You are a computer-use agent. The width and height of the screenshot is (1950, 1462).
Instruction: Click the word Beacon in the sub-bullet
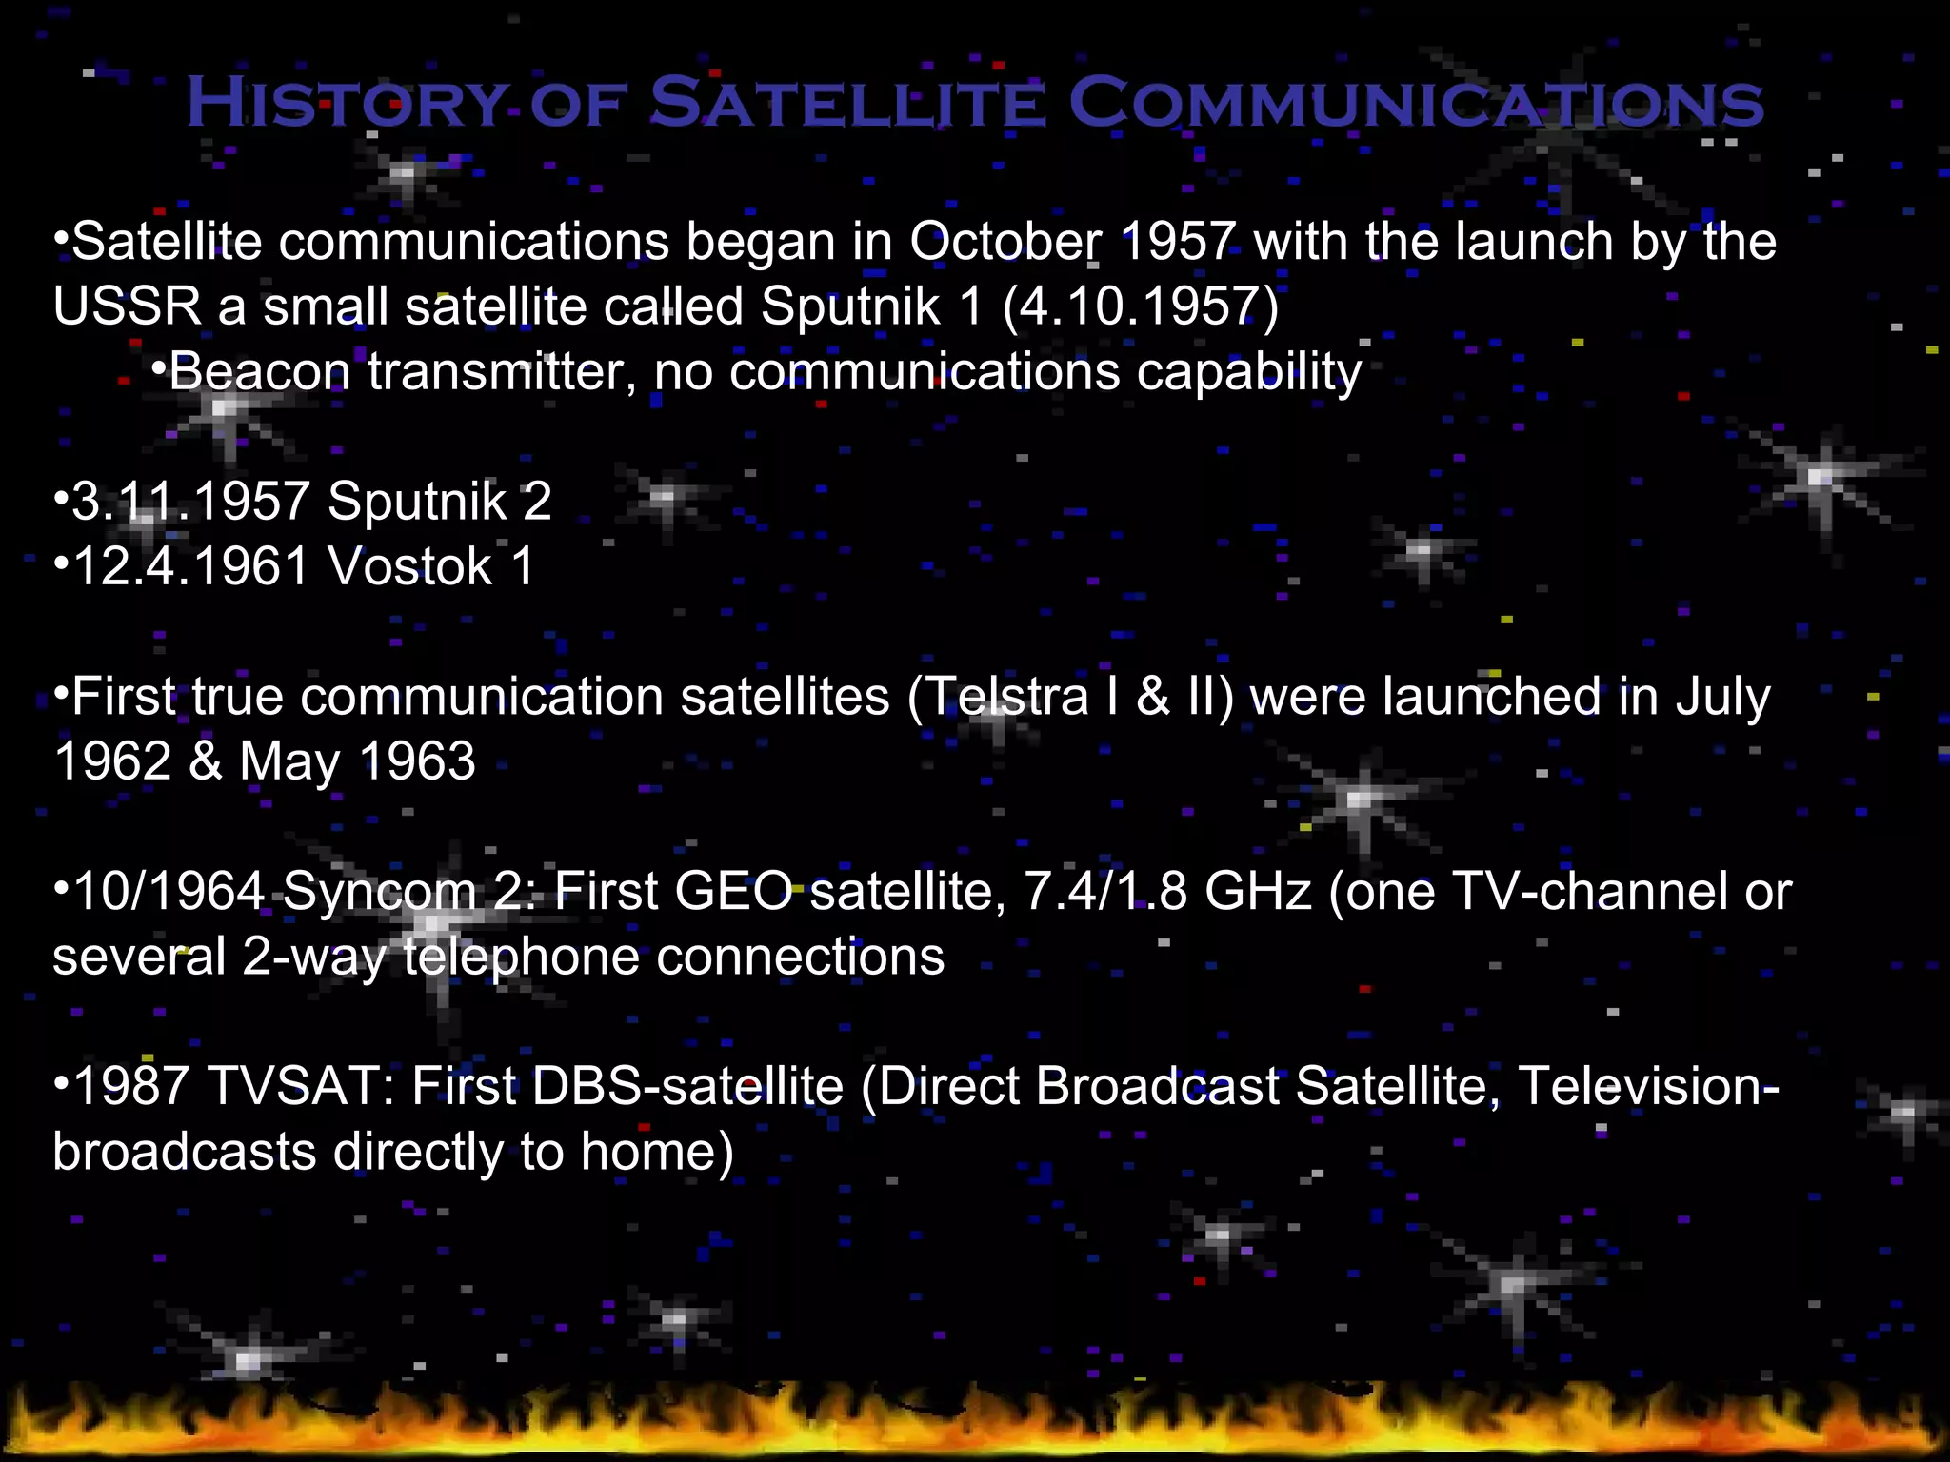(x=259, y=371)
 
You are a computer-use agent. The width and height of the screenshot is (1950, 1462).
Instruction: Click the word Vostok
(x=409, y=566)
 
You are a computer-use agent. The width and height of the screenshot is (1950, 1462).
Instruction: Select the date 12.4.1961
(x=190, y=566)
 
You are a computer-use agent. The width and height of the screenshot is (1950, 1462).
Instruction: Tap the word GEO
(x=732, y=892)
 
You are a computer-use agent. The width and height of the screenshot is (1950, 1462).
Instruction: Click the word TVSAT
(x=301, y=1086)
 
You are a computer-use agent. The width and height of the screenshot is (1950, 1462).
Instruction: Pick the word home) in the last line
(x=657, y=1152)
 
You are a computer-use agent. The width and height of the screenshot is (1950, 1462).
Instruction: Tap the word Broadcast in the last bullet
(x=1157, y=1086)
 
